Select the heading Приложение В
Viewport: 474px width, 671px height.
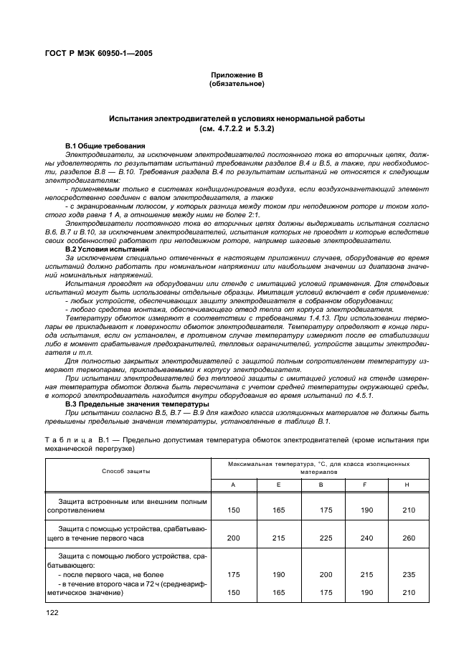(x=237, y=75)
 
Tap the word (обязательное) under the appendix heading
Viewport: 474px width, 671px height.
(x=237, y=84)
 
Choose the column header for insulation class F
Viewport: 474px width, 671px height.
(x=366, y=485)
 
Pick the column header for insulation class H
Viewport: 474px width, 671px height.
(x=407, y=485)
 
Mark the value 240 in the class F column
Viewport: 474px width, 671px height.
(x=366, y=537)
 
